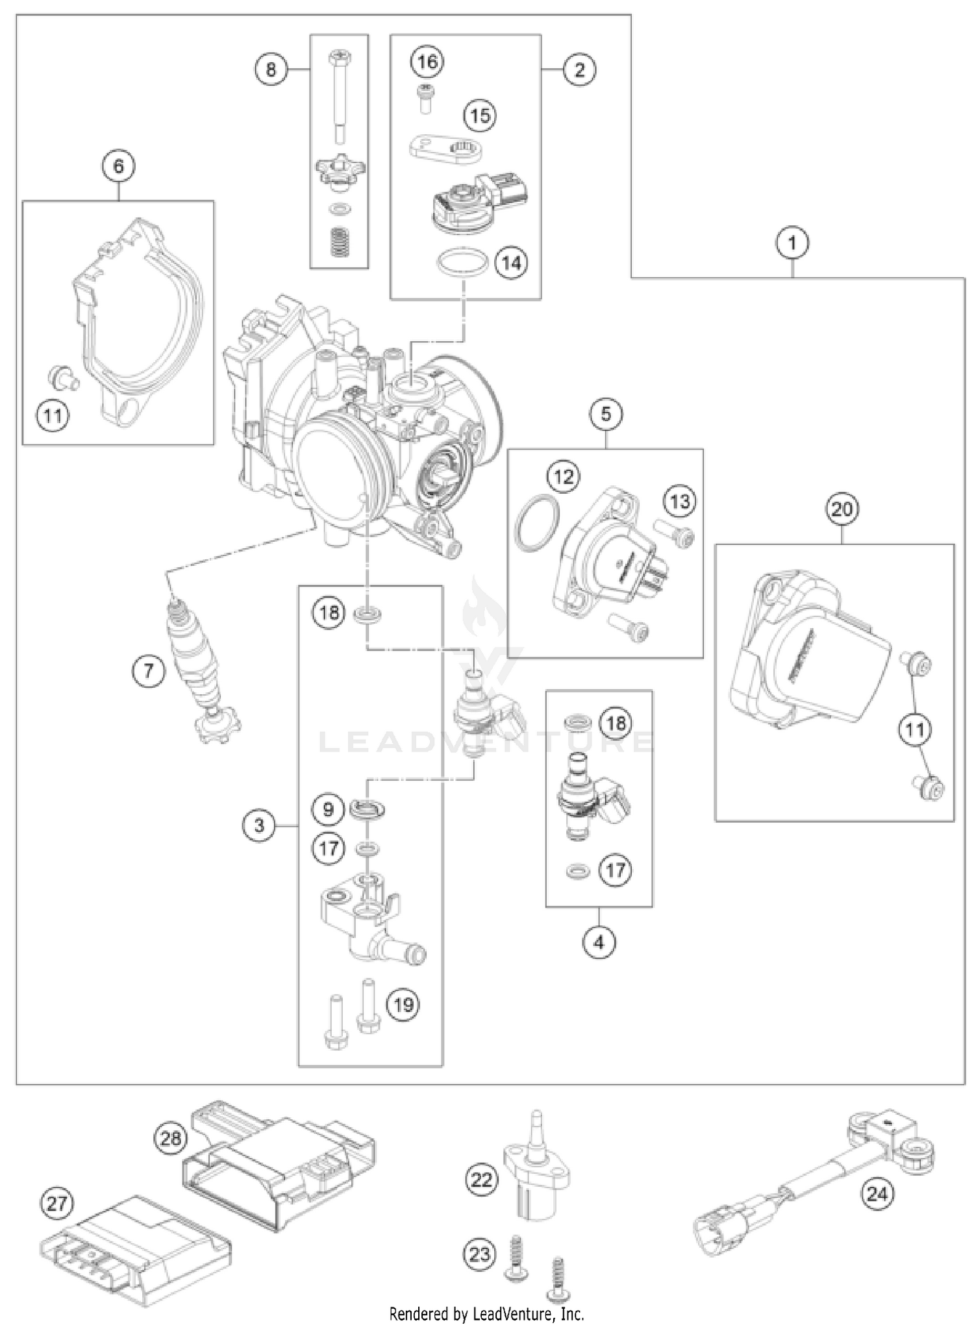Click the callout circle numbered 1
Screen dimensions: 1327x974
click(x=792, y=243)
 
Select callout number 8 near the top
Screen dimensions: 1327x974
click(x=271, y=69)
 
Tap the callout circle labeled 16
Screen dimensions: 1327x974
click(x=427, y=62)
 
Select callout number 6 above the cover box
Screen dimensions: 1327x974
click(x=118, y=166)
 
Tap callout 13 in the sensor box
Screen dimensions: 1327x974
click(x=680, y=501)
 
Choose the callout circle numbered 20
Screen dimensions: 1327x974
click(x=842, y=509)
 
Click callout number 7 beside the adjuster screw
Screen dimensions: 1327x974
click(x=149, y=670)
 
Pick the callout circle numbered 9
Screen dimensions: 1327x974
click(x=329, y=809)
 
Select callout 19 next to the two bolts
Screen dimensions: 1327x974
click(x=403, y=1005)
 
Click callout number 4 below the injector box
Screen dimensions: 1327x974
click(x=599, y=942)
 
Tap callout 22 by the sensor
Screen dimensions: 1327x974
click(x=481, y=1179)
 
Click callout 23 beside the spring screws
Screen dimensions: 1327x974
click(x=480, y=1254)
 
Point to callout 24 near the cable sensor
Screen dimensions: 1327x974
click(x=877, y=1193)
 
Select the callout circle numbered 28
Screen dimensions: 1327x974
click(x=171, y=1138)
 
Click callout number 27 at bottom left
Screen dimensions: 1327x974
click(x=57, y=1204)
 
